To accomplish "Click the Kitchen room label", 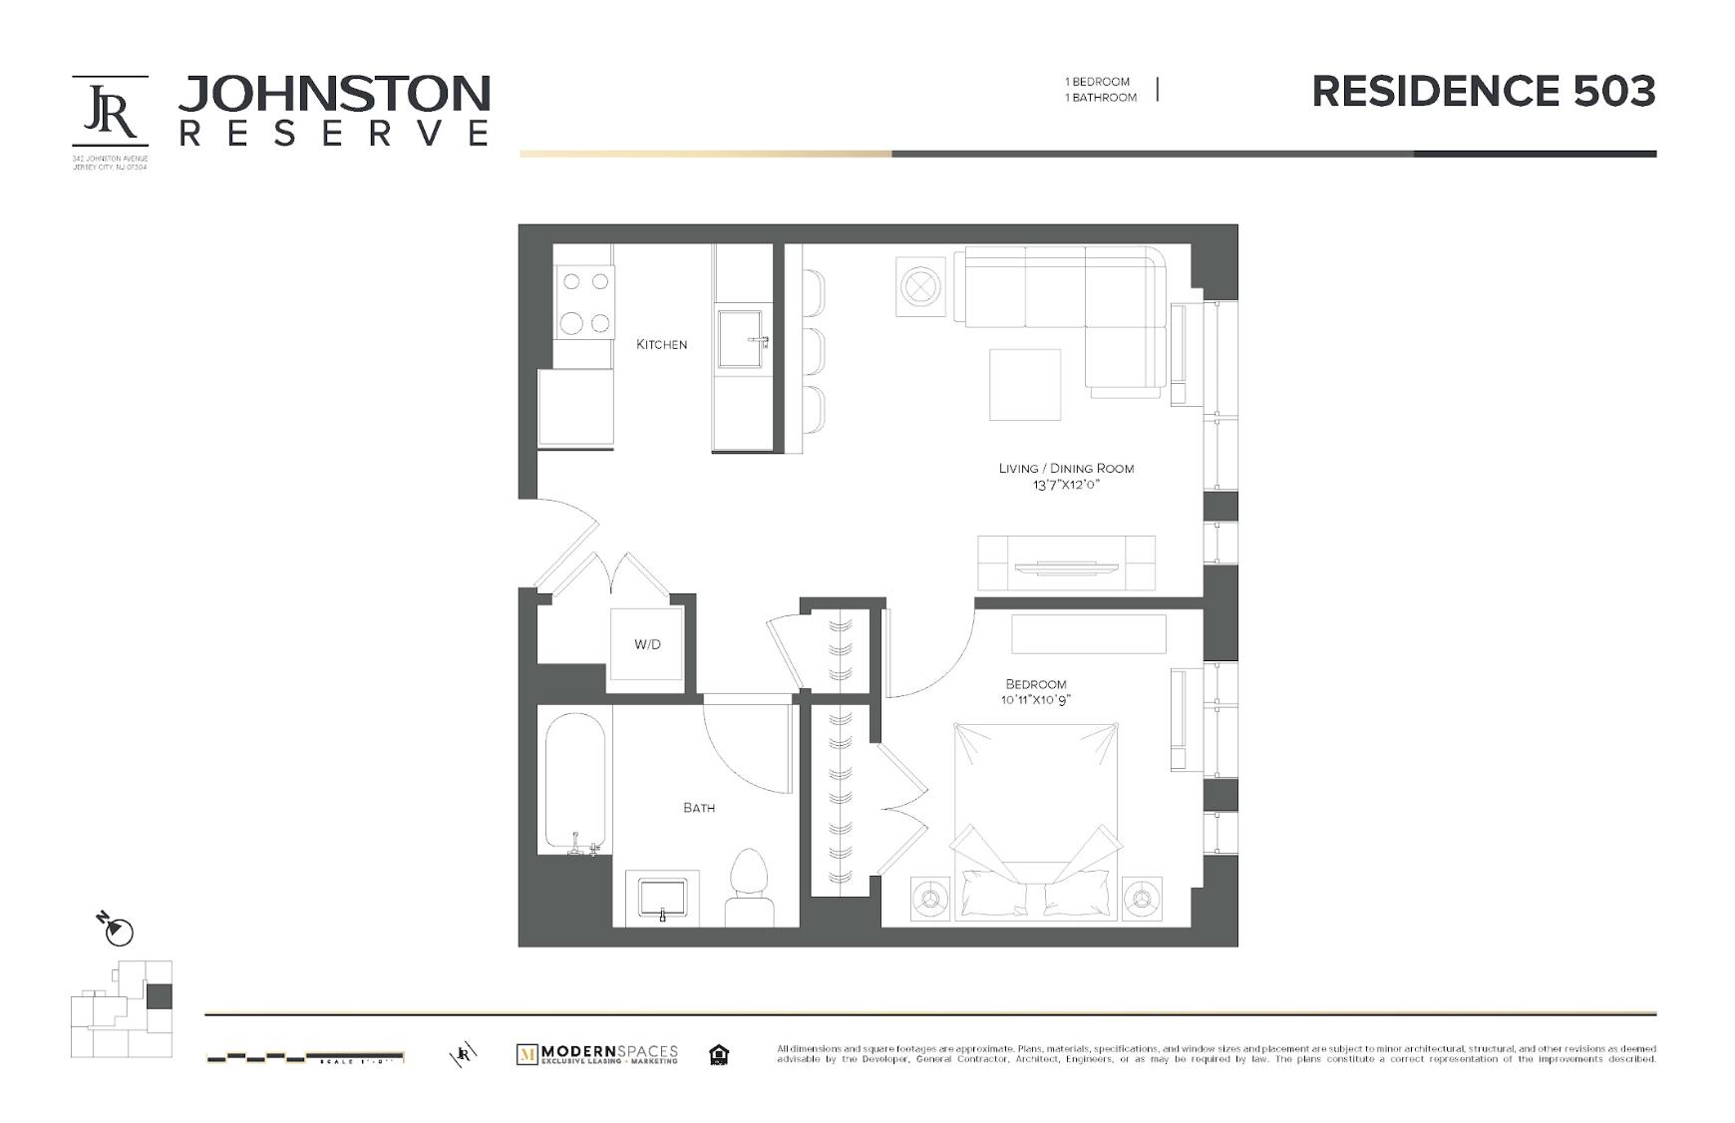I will (661, 344).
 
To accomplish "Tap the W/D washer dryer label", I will (647, 644).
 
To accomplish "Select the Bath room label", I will (699, 808).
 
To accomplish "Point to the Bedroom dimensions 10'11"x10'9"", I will (1036, 700).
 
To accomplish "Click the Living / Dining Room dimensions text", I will (1066, 486).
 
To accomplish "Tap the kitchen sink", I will (740, 338).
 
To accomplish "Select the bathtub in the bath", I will (574, 783).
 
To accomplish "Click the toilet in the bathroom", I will (748, 888).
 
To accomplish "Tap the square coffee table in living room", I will (1024, 384).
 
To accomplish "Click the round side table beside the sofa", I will (920, 286).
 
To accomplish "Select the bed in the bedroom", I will (1035, 818).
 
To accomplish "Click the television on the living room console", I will (1066, 567).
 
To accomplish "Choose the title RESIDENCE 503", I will (1483, 92).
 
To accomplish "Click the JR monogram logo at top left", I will (110, 111).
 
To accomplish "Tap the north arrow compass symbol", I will (118, 930).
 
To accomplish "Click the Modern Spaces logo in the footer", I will (596, 1054).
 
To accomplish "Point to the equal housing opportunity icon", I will (718, 1054).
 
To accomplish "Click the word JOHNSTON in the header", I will (334, 95).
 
